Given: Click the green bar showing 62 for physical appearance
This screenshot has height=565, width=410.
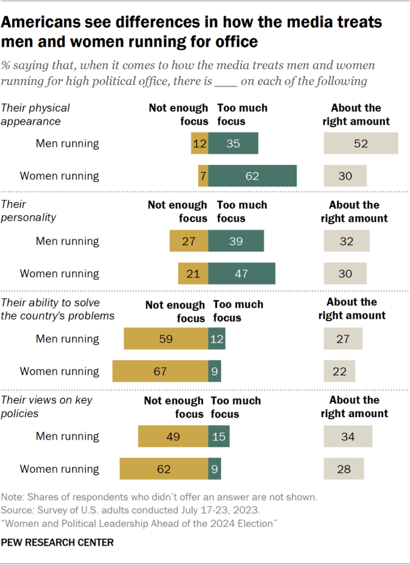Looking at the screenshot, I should pos(253,176).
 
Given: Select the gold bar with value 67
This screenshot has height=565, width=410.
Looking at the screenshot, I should pos(160,371).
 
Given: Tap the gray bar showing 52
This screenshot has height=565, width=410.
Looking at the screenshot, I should pos(360,143).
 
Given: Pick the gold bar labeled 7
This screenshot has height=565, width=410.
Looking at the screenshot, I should pos(203,176).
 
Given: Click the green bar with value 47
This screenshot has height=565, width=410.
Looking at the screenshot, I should pos(242,274).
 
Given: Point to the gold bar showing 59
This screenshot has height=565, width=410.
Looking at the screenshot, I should pos(166,339).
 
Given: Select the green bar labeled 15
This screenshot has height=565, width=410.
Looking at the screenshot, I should pos(219,436).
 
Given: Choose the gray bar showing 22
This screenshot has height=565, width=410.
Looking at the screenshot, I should pos(339,371).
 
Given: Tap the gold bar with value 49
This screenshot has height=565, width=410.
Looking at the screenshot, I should pos(173,436).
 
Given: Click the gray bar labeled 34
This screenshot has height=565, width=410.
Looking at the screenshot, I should pos(348,436).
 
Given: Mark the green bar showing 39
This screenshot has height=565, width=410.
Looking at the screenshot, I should pos(236,241).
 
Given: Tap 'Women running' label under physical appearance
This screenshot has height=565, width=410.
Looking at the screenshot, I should pos(60,176).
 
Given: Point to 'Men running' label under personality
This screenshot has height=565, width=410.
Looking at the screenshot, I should pos(67,241).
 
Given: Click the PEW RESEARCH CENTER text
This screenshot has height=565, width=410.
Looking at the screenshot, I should pos(57,542).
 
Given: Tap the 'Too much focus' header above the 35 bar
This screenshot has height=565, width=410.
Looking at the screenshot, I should pos(242,114).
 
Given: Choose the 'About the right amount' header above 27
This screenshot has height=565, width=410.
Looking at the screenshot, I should pos(352,309).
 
